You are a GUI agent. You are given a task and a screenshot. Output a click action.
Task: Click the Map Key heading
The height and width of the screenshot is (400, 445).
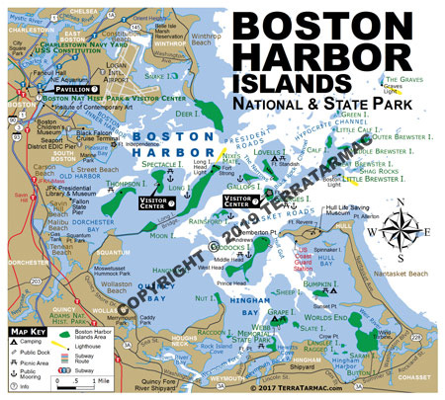29,331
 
